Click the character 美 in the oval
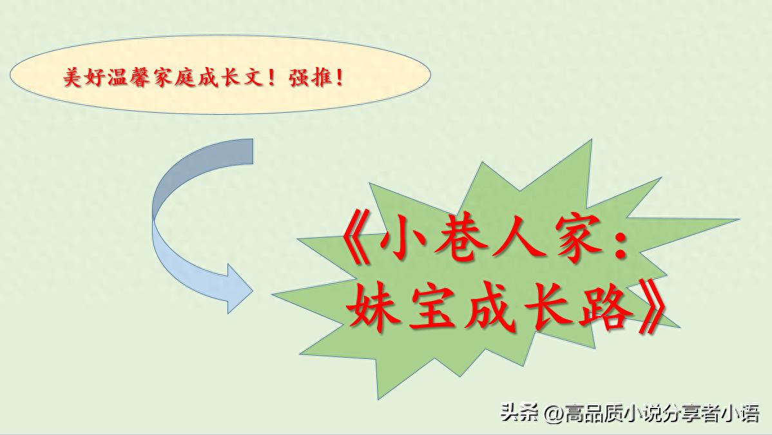click(72, 78)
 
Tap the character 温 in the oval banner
click(117, 78)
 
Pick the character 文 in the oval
click(253, 78)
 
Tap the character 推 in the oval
click(321, 78)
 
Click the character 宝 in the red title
click(430, 307)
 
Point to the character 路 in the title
click(605, 307)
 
